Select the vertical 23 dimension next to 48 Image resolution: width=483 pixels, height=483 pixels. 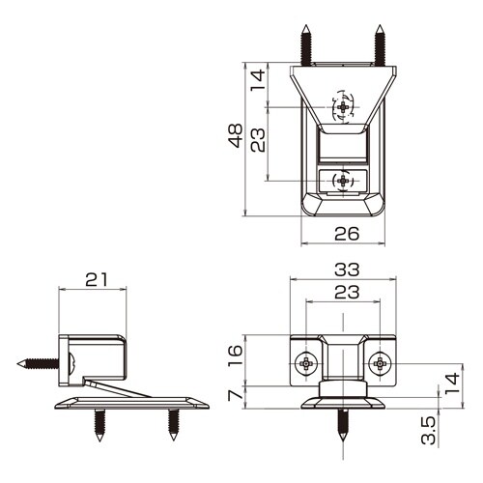256,142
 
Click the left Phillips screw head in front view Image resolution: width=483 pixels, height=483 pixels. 306,363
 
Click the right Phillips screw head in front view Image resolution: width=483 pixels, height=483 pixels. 381,363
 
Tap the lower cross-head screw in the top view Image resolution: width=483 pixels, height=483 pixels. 342,180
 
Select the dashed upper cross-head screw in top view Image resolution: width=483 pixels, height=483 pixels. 342,106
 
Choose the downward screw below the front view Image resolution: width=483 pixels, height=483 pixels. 344,425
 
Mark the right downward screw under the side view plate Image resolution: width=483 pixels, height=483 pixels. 173,421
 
